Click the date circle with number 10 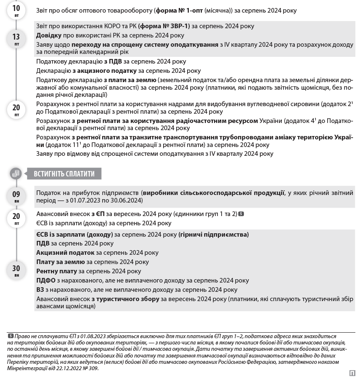point(16,10)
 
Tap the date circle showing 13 point(16,39)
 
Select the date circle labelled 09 point(16,196)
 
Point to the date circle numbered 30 point(16,270)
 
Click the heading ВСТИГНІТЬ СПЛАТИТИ point(64,173)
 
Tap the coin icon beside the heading point(16,173)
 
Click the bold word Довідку point(49,35)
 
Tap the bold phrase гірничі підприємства point(214,235)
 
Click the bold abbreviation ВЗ point(40,290)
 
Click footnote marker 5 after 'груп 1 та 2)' point(241,214)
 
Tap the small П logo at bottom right point(352,373)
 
